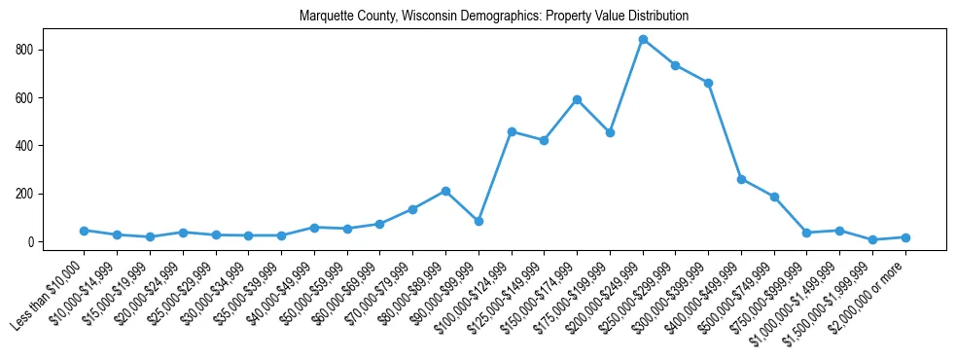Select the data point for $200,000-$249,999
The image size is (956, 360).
coord(643,40)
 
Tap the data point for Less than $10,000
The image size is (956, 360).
coord(85,231)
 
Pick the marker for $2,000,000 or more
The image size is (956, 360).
coord(905,237)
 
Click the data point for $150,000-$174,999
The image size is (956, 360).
coord(577,99)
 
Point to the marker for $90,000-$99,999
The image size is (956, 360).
coord(478,222)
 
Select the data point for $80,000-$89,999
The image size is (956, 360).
coord(445,191)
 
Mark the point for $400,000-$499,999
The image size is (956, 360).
coord(741,179)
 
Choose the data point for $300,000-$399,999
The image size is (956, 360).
coord(708,83)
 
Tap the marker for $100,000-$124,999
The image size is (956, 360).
coord(512,131)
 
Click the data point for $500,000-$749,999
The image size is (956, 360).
coord(774,197)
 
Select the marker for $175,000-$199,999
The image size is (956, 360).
coord(610,132)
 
